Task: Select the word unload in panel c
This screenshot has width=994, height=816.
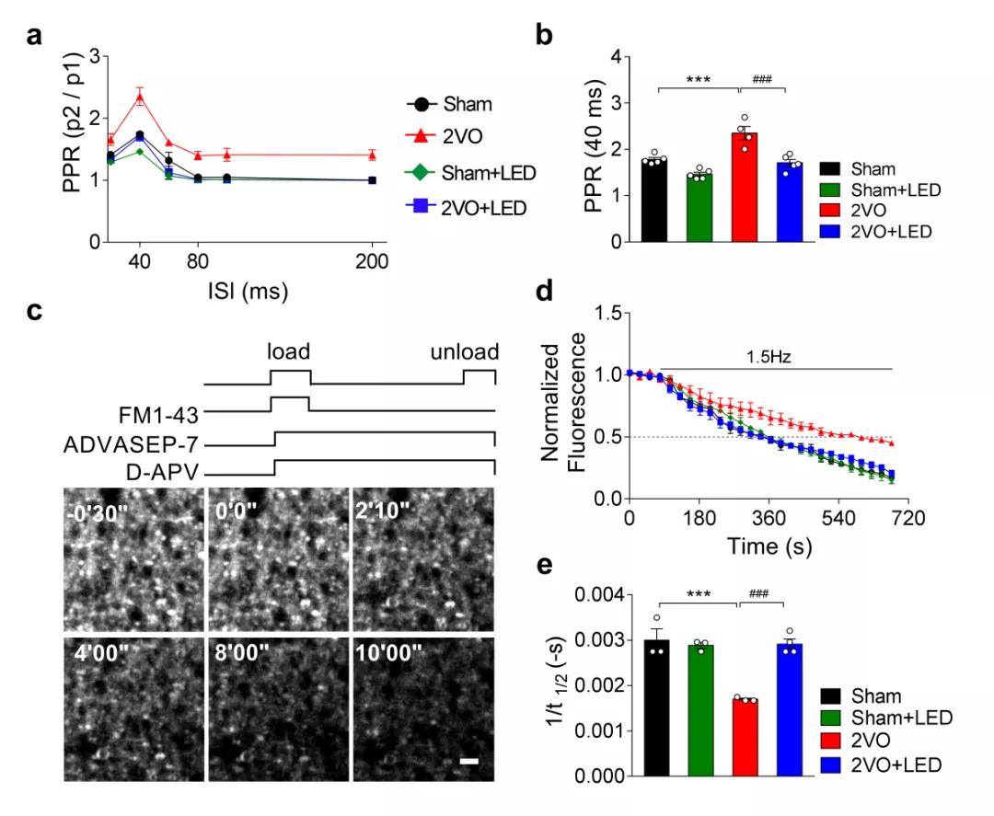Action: (x=467, y=353)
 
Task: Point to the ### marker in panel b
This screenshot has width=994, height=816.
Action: (x=762, y=79)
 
